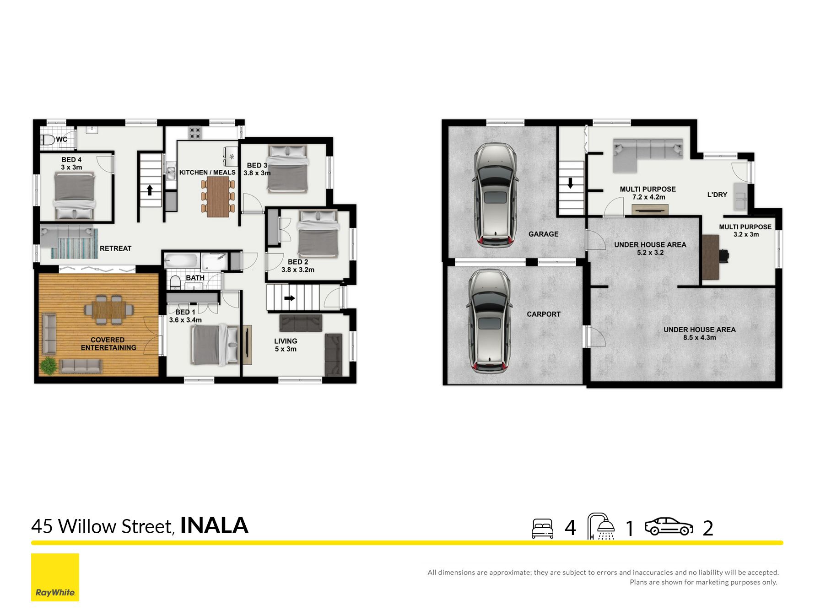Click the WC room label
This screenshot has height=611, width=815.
[x=62, y=140]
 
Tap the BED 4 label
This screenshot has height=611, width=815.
[x=71, y=160]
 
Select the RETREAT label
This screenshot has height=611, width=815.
[x=115, y=249]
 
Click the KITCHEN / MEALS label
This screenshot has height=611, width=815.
[x=207, y=173]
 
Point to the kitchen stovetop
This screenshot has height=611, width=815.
[x=195, y=133]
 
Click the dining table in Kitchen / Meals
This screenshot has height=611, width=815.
[x=218, y=197]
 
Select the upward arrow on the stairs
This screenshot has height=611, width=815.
[x=150, y=190]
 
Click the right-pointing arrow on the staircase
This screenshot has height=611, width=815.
[x=290, y=298]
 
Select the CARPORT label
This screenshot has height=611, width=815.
[x=543, y=314]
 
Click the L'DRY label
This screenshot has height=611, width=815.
[x=717, y=195]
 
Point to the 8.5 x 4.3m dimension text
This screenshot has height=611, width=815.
[x=699, y=338]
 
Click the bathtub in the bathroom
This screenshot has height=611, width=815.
[x=181, y=262]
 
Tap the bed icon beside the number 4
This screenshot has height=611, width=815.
[x=542, y=529]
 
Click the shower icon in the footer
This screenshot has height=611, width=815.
[x=601, y=526]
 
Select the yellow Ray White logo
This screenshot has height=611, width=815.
[x=55, y=578]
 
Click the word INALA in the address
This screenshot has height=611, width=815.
[x=214, y=525]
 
